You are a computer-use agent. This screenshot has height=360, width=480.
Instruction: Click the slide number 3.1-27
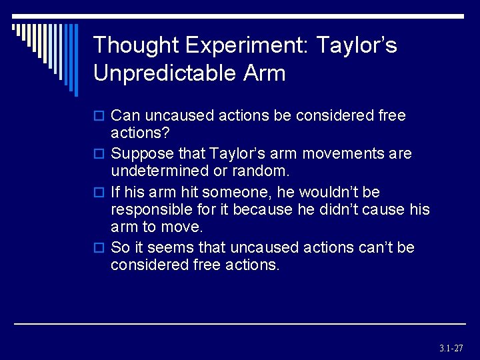click(x=451, y=348)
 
